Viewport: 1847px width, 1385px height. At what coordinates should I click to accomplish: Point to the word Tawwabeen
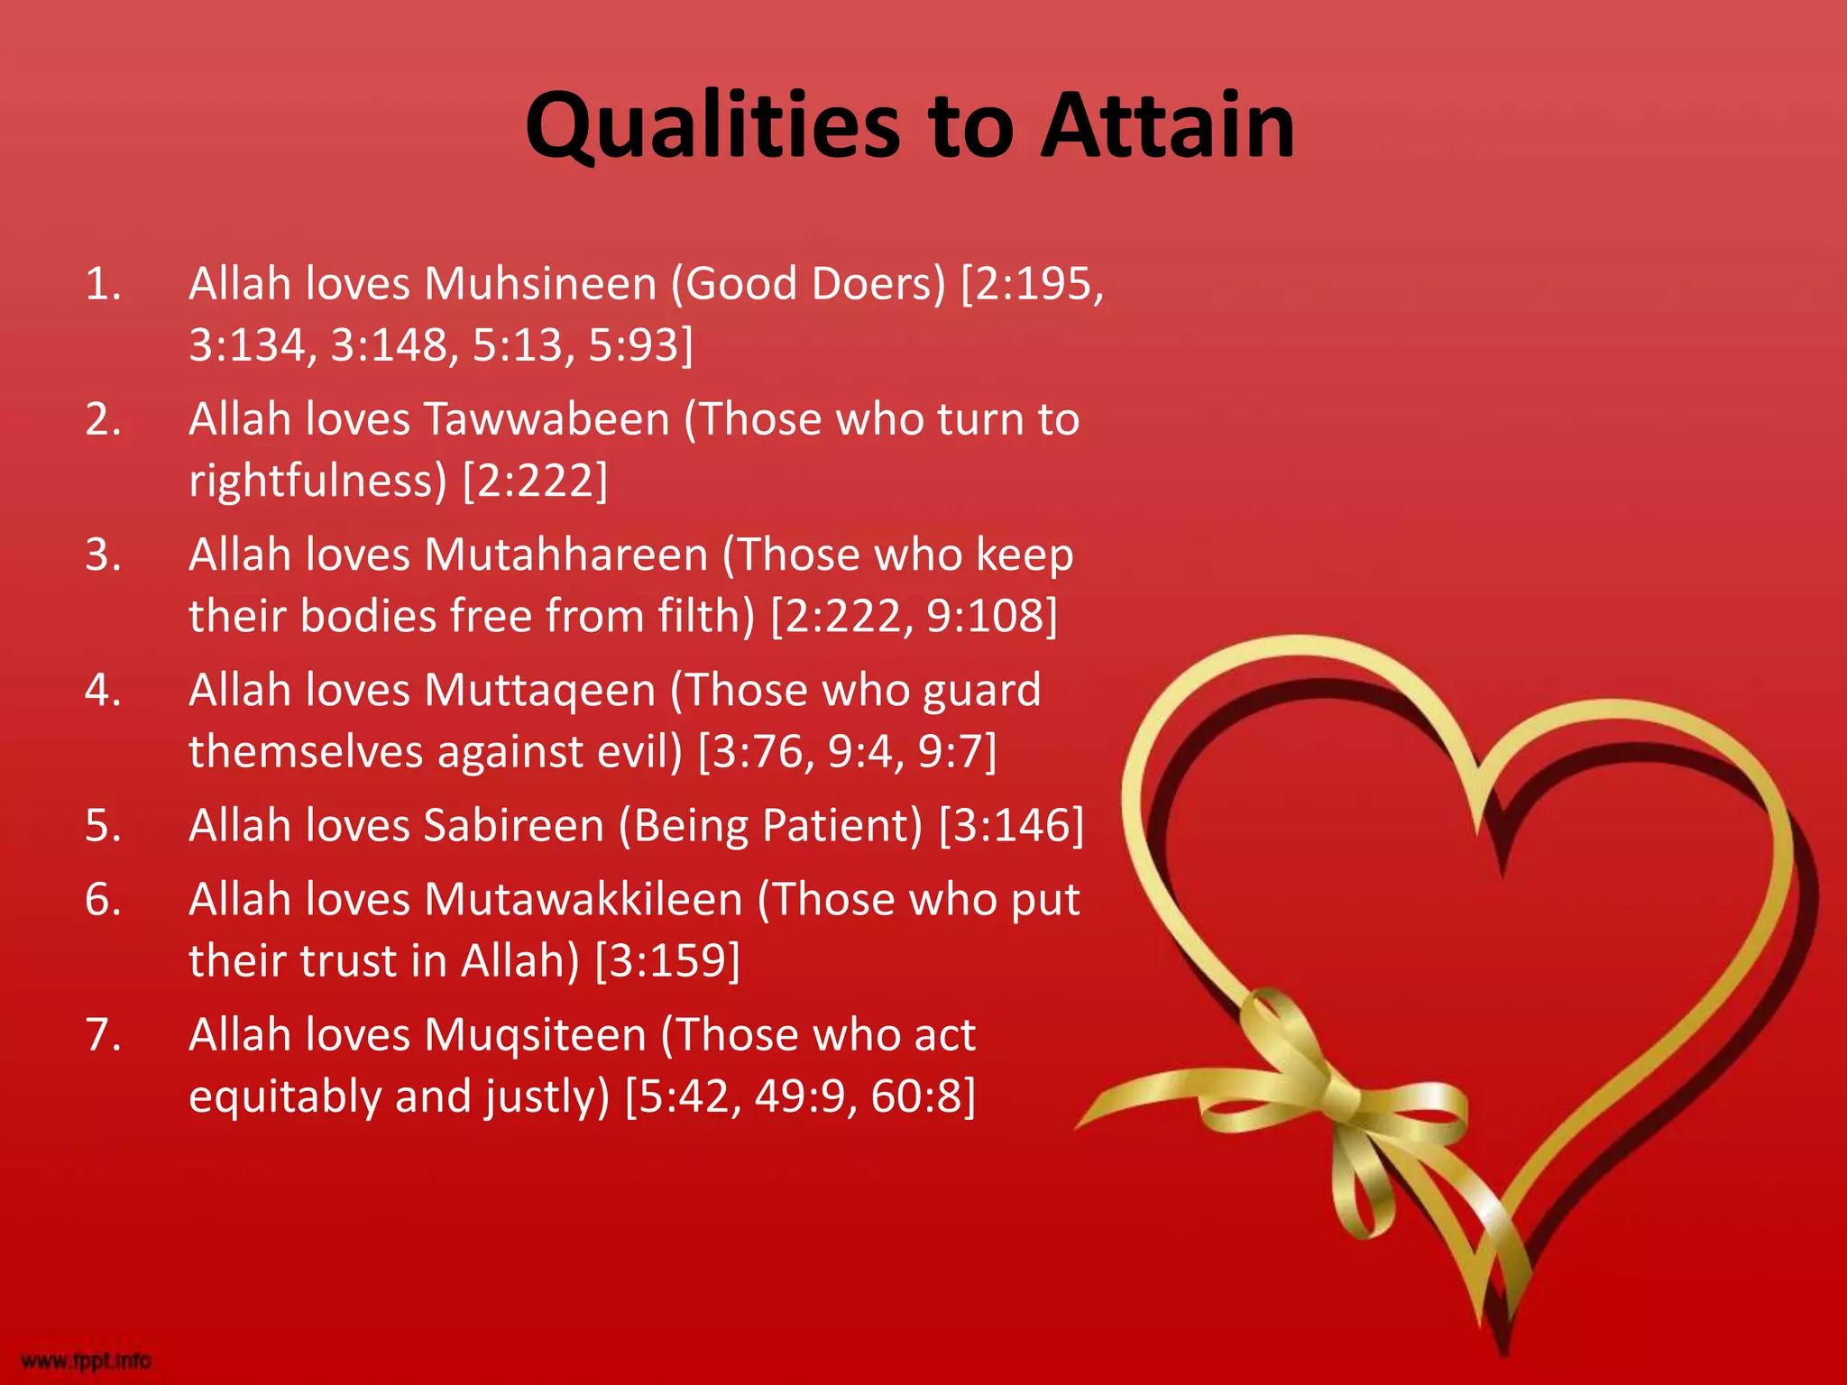pyautogui.click(x=547, y=419)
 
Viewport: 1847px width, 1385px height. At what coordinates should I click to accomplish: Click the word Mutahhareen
pyautogui.click(x=565, y=555)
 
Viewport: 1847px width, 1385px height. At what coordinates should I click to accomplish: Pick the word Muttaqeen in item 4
pyautogui.click(x=539, y=691)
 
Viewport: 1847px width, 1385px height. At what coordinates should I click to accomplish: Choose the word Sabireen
pyautogui.click(x=513, y=826)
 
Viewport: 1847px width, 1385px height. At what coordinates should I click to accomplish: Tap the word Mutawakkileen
pyautogui.click(x=583, y=900)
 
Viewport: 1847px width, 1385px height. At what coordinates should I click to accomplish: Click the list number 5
pyautogui.click(x=102, y=826)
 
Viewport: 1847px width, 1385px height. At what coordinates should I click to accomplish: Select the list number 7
pyautogui.click(x=102, y=1035)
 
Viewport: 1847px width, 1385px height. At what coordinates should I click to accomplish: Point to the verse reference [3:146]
pyautogui.click(x=1011, y=826)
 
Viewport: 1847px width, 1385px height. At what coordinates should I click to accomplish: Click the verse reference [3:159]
pyautogui.click(x=667, y=961)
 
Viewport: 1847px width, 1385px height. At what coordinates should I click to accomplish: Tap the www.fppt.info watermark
pyautogui.click(x=86, y=1360)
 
